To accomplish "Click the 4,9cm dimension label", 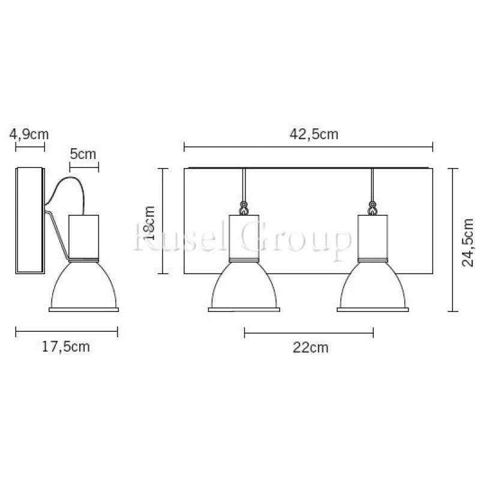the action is point(29,134).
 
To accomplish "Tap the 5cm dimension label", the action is point(83,154).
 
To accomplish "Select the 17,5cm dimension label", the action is point(66,347).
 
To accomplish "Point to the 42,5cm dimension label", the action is point(314,134).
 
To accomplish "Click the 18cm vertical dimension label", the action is point(150,223).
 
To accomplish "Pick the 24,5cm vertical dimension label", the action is point(467,242).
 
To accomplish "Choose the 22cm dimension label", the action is point(310,347).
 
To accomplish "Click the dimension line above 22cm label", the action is point(309,332).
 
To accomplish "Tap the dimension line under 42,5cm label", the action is point(308,146).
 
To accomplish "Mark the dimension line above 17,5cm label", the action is point(67,332).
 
